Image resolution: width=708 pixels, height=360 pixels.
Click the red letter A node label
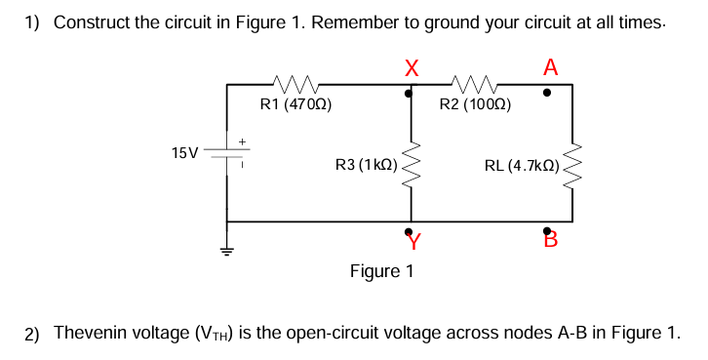point(551,67)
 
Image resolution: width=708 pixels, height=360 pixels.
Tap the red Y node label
point(414,239)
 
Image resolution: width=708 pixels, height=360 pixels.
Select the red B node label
point(550,239)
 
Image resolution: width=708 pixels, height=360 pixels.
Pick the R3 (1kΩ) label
point(365,166)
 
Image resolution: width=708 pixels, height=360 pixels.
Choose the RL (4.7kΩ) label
point(522,166)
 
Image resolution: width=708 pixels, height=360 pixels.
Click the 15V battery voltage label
point(182,153)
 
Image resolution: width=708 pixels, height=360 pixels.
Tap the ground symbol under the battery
point(227,251)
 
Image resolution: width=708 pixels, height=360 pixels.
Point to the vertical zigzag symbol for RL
point(572,166)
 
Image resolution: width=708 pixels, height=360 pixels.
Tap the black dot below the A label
point(547,94)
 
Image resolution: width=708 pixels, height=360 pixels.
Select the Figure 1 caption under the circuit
point(381,270)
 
